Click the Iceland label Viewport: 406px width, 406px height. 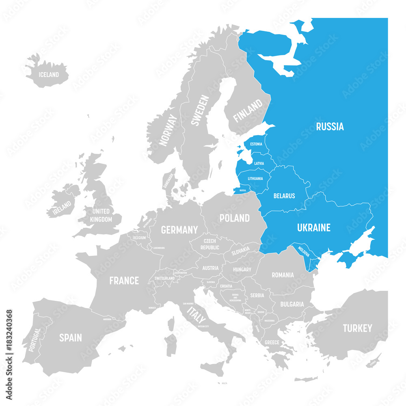[49, 75]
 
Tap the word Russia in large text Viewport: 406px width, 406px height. [330, 127]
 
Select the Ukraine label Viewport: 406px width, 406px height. [313, 228]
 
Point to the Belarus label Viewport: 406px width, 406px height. [284, 196]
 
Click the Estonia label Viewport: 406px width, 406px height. [256, 144]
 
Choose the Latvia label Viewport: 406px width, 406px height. [259, 164]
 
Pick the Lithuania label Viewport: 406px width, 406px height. [255, 179]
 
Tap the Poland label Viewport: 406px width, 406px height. [234, 218]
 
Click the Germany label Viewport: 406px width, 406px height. [179, 230]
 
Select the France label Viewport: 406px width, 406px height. [124, 281]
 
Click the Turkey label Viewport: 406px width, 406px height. [357, 328]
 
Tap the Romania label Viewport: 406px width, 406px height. [283, 275]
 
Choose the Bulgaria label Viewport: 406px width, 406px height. [292, 304]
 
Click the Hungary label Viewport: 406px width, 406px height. [242, 269]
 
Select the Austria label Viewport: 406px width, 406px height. [210, 268]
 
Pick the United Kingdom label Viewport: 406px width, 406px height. [101, 215]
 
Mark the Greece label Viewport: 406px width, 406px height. [272, 342]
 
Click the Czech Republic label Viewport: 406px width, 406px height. [209, 244]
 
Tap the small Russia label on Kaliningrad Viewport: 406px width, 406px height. [243, 190]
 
